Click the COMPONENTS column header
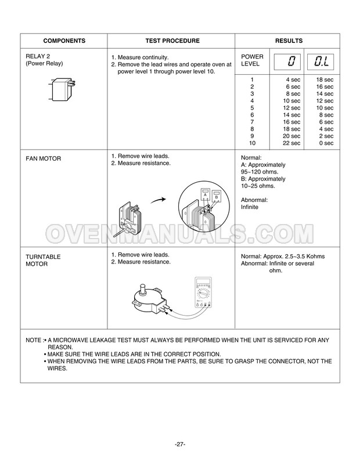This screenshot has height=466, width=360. (x=64, y=41)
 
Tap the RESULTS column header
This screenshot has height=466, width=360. (x=289, y=41)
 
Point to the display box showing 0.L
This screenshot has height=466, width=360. (x=321, y=60)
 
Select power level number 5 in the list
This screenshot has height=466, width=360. (x=252, y=107)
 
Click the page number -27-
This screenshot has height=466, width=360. (x=179, y=444)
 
